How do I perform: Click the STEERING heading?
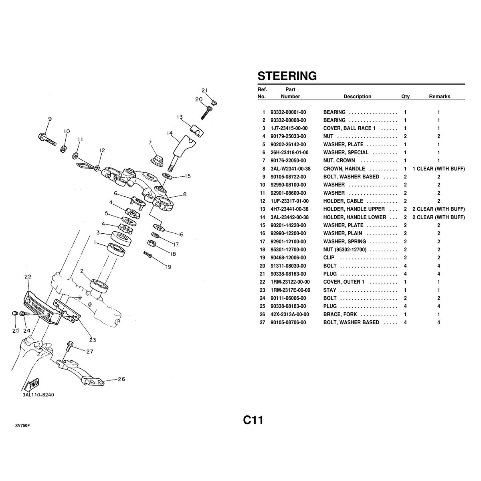(287, 76)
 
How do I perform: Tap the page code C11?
(253, 420)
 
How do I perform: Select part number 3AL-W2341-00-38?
(291, 169)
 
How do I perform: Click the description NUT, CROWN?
(339, 160)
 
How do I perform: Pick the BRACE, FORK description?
(340, 314)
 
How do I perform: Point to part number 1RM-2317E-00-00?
(290, 290)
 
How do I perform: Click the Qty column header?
(405, 97)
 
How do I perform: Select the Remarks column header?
(440, 97)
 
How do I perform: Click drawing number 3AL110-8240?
(38, 395)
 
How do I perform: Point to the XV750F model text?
(22, 426)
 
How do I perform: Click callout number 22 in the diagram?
(28, 277)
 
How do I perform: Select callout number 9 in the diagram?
(50, 119)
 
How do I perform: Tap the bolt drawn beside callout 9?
(47, 140)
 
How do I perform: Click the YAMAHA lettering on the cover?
(38, 308)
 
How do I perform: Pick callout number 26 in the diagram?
(121, 379)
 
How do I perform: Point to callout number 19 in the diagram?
(168, 267)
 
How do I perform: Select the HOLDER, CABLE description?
(343, 201)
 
